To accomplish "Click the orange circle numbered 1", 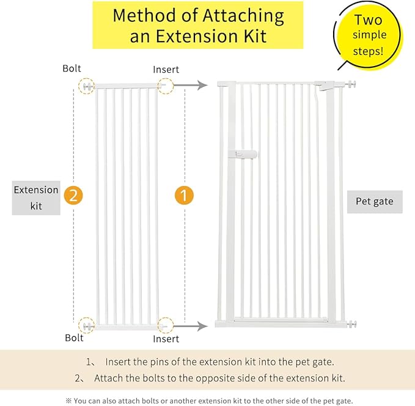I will tap(184, 196).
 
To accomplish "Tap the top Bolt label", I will tap(72, 68).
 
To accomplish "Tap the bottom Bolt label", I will tap(74, 338).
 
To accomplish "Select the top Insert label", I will tap(166, 69).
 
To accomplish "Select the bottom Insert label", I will tap(166, 338).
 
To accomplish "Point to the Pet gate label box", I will tap(375, 201).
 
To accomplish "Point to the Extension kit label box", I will tap(36, 197).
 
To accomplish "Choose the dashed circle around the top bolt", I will tap(87, 86).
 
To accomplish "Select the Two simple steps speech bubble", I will tap(369, 36).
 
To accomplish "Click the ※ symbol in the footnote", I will tap(68, 400).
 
